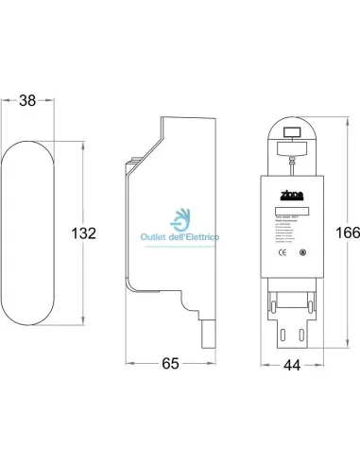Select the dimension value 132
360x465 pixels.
[85, 233]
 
